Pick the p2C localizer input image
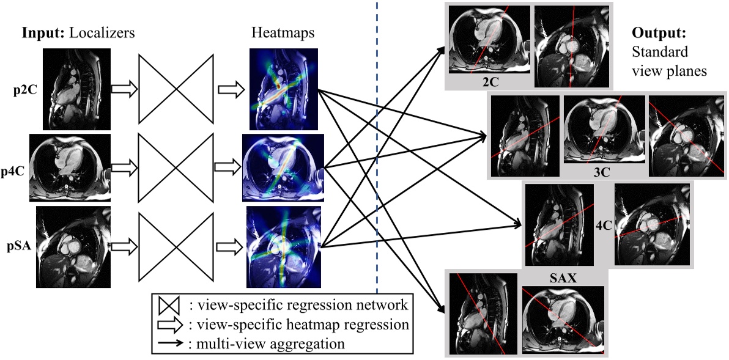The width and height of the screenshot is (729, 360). click(x=76, y=89)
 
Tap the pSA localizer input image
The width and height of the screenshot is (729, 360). click(x=73, y=247)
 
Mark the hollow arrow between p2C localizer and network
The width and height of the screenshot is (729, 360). click(x=125, y=90)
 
